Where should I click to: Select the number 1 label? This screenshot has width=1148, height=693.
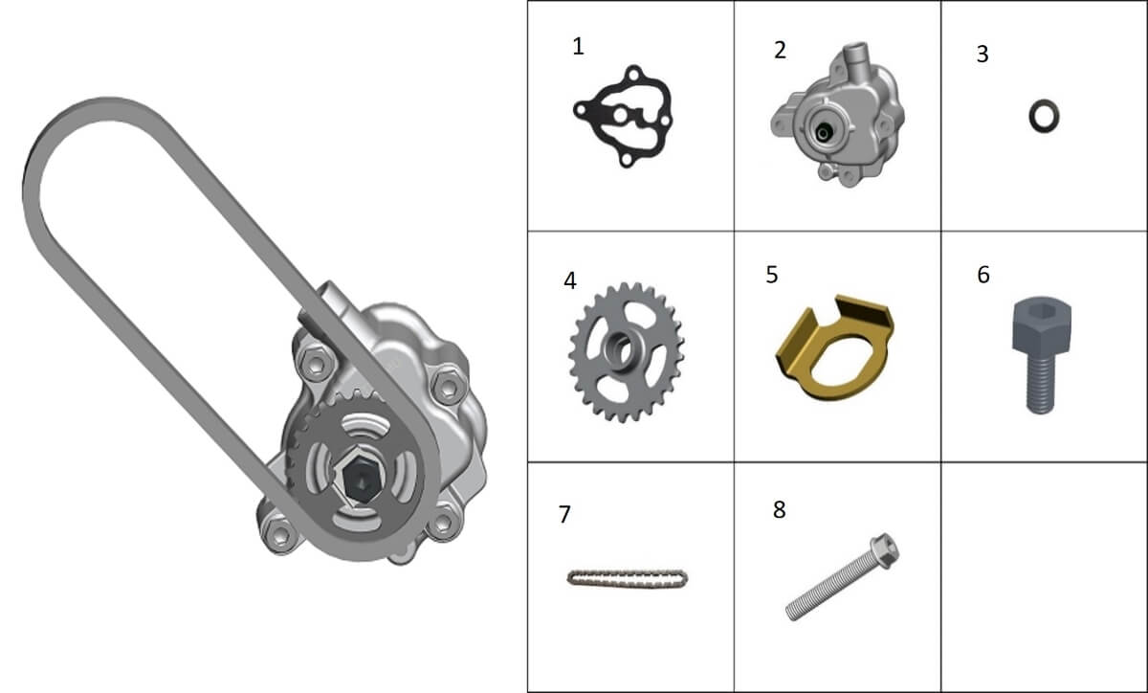click(578, 46)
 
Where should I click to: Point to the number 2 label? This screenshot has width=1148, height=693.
click(780, 51)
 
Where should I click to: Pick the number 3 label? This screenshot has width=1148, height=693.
click(982, 54)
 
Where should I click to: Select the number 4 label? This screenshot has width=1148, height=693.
click(570, 280)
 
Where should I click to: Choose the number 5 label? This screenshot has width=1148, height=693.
click(772, 275)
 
